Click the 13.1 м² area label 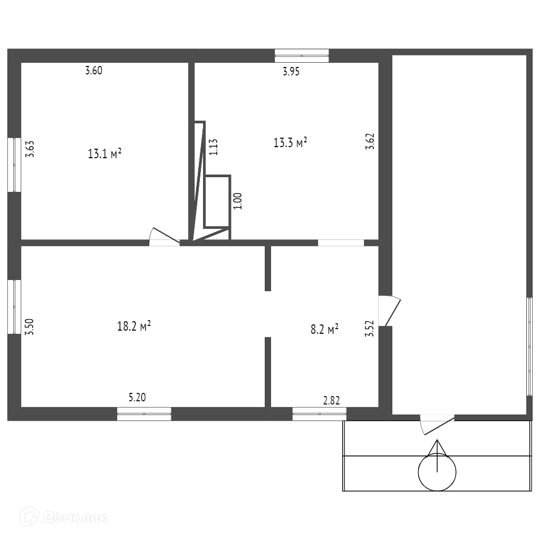coord(104,154)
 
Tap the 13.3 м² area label coord(290,142)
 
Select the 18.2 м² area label coord(134,326)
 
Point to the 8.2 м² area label coord(324,330)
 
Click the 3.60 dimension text coord(93,71)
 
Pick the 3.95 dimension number coord(291,72)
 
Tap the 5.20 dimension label coord(137,398)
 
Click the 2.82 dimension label coord(331,400)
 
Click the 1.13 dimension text coord(213,146)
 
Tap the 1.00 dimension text coord(237,201)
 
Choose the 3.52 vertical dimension coord(370,329)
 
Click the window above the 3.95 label coord(302,55)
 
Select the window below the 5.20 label coord(144,414)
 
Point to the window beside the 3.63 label coord(14,165)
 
